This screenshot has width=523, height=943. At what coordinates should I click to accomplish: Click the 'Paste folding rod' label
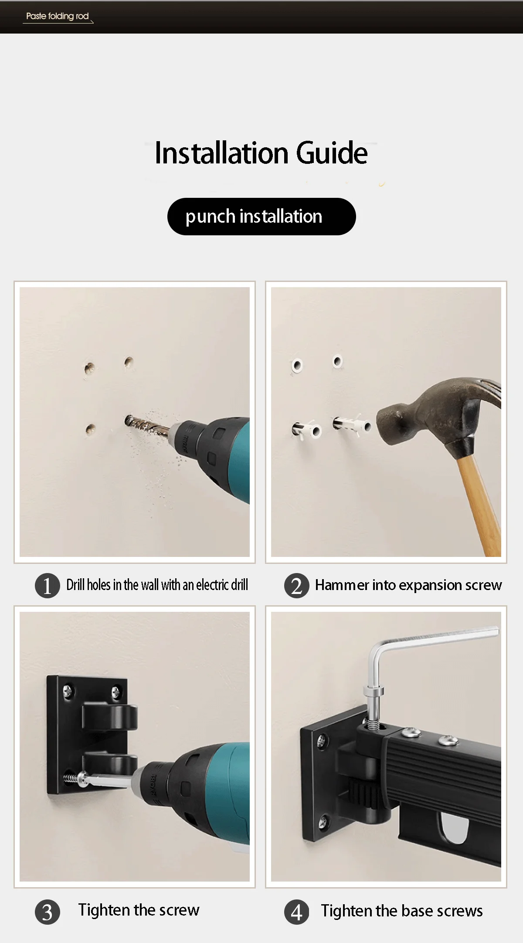click(x=58, y=16)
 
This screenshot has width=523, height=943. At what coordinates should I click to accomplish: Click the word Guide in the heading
click(x=332, y=153)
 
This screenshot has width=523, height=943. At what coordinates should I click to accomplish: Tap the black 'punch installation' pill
click(x=261, y=217)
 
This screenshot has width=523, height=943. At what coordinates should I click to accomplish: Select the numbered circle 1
click(x=48, y=585)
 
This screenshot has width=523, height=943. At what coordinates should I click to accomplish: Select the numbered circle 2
click(x=297, y=585)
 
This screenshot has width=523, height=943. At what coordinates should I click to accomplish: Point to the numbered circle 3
click(x=48, y=912)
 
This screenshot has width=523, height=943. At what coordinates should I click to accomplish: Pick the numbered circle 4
click(x=297, y=912)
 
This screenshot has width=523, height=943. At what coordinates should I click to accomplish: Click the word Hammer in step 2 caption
click(x=342, y=585)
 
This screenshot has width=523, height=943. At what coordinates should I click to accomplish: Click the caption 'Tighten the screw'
click(x=139, y=910)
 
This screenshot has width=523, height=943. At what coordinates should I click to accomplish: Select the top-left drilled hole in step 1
click(x=90, y=368)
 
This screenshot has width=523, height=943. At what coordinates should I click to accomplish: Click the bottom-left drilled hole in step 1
click(x=91, y=429)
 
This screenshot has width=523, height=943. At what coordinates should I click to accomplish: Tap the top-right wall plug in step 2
click(x=338, y=361)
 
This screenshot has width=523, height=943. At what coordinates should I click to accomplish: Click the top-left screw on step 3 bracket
click(x=68, y=690)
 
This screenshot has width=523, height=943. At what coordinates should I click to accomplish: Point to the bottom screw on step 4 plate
click(x=323, y=821)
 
